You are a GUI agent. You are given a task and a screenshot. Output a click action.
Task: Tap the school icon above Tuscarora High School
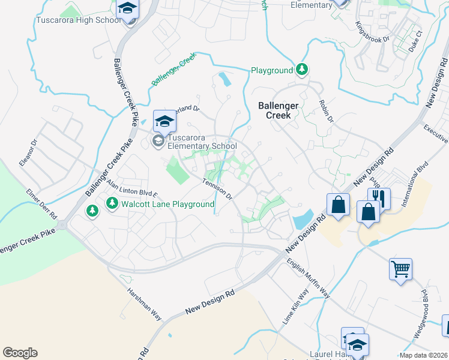coord(127,9)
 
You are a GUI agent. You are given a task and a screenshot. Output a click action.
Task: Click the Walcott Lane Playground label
coord(167,204)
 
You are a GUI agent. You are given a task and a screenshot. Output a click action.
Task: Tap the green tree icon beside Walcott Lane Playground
coord(112,204)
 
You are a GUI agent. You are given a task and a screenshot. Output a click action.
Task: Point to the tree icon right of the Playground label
coord(302,70)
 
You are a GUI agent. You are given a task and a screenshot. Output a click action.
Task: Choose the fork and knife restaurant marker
coord(379,197)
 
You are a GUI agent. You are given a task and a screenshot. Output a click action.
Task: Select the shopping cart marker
coord(400,268)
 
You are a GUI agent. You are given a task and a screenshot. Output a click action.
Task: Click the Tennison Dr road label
coord(217,189)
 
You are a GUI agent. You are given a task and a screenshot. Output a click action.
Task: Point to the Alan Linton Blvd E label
coord(131,190)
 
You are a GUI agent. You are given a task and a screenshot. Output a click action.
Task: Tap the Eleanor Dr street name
coord(28,152)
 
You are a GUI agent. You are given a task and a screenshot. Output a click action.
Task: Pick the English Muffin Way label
coord(308,277)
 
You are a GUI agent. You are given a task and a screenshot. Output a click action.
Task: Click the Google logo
coord(20,353)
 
